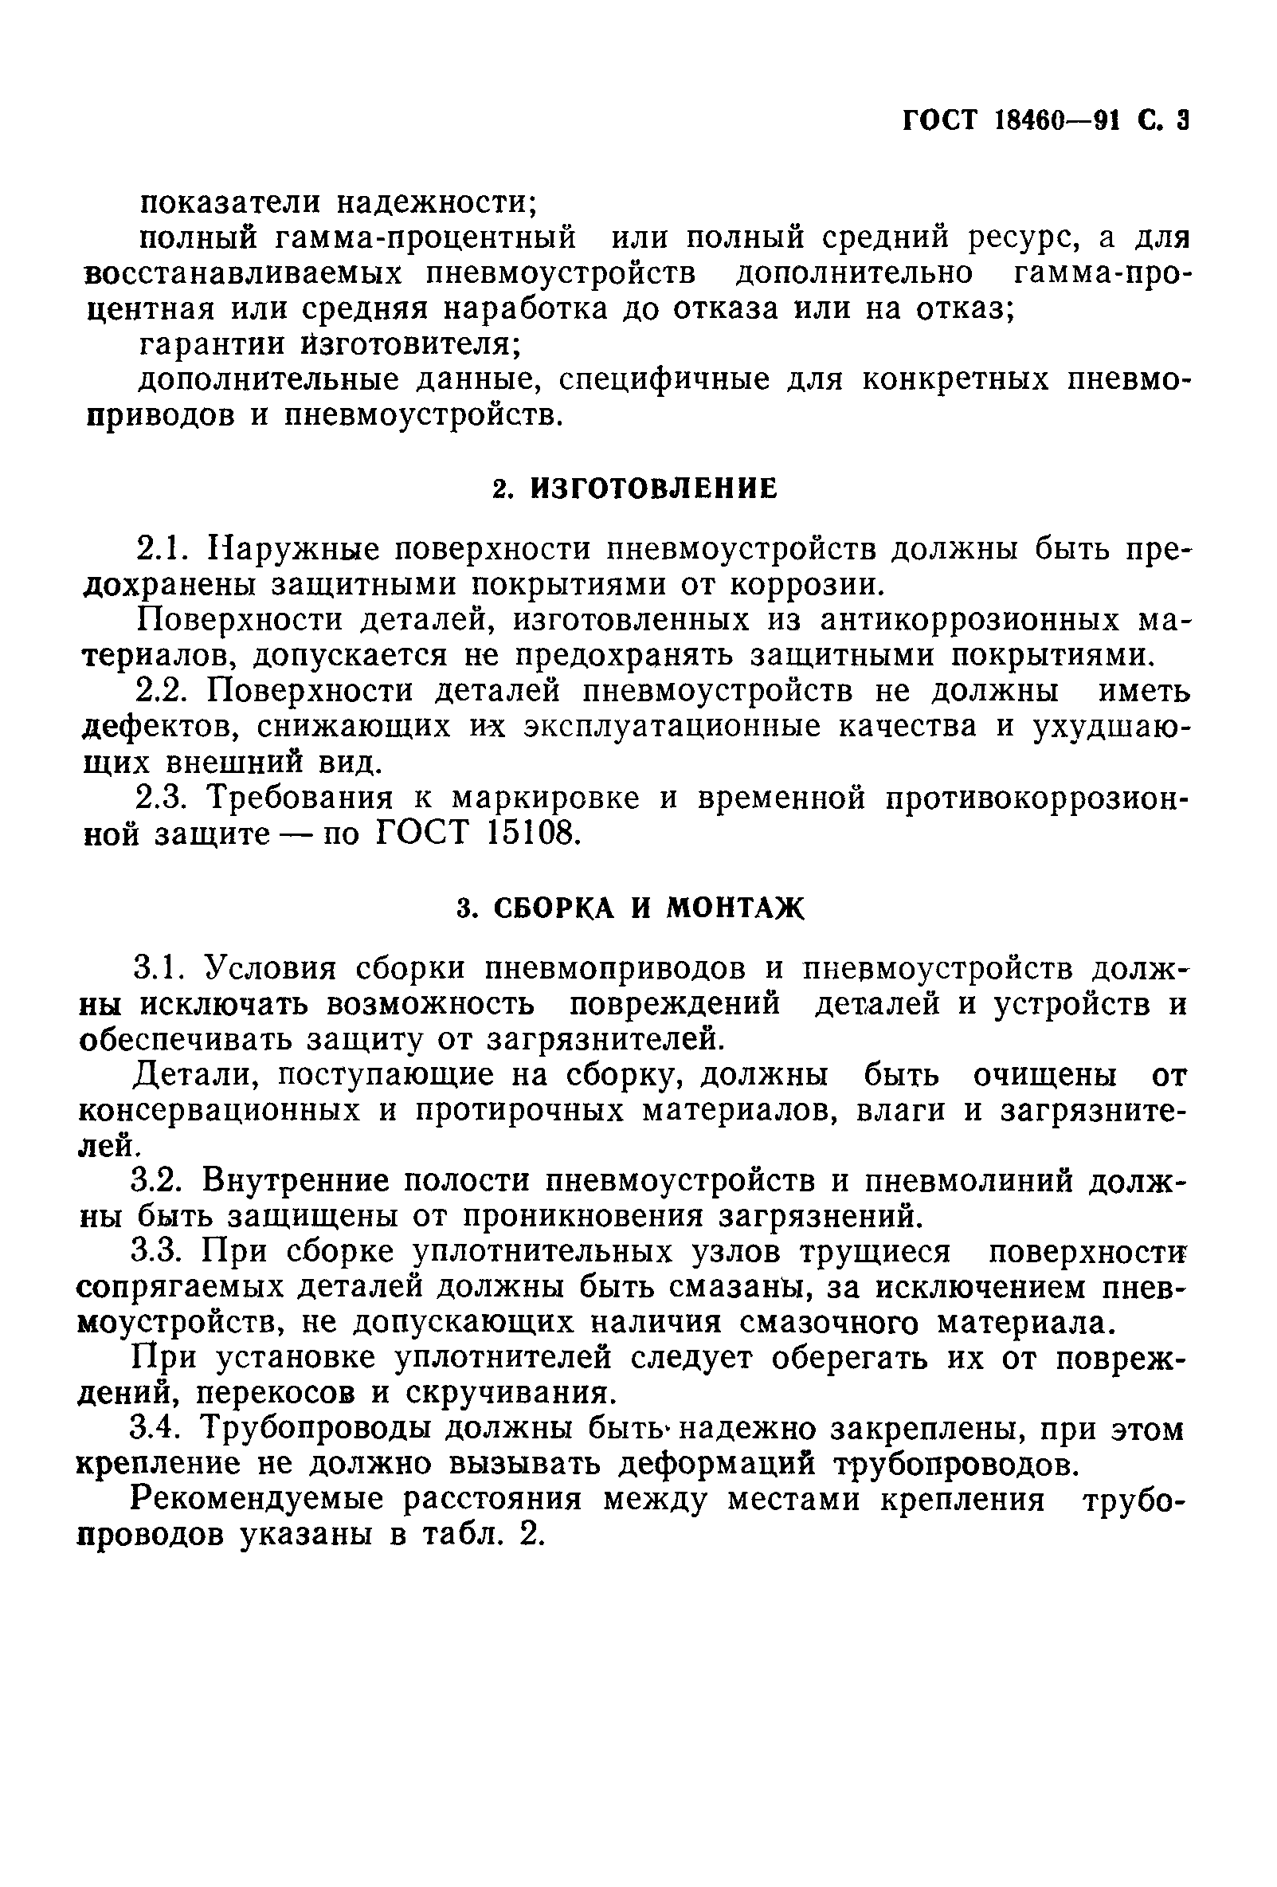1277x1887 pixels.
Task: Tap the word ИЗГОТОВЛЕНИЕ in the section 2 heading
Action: pyautogui.click(x=653, y=488)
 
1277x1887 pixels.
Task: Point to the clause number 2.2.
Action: pyautogui.click(x=163, y=691)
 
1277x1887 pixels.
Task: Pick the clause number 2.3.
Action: pyautogui.click(x=163, y=798)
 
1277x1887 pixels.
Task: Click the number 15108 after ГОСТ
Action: pyautogui.click(x=531, y=834)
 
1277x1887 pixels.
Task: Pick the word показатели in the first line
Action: pyautogui.click(x=230, y=202)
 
